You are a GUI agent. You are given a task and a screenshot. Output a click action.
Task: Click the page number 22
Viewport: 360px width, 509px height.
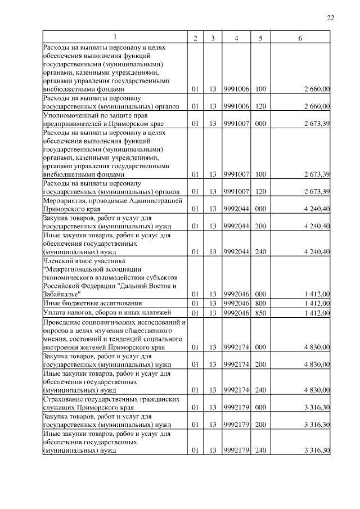tap(331, 18)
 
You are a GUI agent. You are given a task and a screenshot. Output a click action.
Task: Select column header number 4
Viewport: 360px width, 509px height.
tap(236, 38)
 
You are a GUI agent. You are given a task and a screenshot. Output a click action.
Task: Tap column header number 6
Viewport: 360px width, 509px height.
tap(300, 38)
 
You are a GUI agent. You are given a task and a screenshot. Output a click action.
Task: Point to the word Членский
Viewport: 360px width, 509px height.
tap(57, 260)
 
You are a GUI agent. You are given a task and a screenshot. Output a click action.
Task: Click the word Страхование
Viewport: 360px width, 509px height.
tap(63, 399)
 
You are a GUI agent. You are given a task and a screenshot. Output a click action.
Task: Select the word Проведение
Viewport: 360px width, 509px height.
tap(61, 322)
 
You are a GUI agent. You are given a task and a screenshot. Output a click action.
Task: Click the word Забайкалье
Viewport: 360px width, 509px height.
tap(62, 294)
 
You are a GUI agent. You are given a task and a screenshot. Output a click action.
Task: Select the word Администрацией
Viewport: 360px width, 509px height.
tap(154, 200)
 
